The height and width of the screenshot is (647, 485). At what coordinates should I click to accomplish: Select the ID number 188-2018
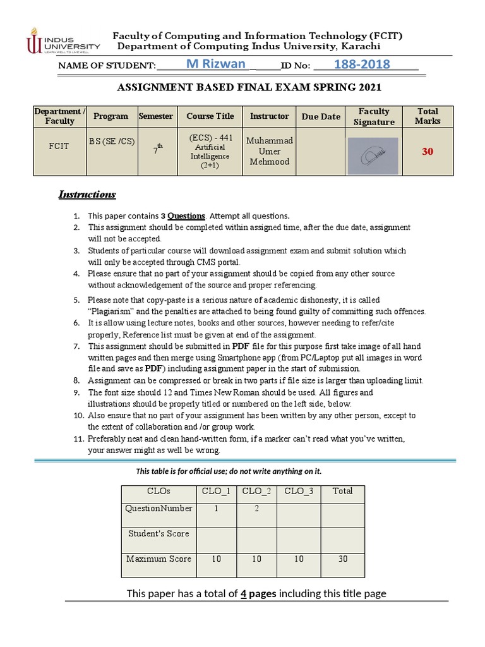tap(362, 64)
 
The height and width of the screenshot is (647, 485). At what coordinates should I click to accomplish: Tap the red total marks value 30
tap(428, 152)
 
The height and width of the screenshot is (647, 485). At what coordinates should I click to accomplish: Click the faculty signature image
tap(374, 155)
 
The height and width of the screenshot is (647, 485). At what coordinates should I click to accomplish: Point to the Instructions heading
tap(87, 194)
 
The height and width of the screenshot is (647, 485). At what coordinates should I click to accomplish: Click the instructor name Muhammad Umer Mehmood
tap(269, 151)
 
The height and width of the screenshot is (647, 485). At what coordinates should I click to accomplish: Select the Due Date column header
tap(321, 116)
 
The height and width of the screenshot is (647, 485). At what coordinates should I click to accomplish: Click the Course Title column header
tap(210, 116)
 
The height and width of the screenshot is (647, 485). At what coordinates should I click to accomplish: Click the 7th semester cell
tap(155, 150)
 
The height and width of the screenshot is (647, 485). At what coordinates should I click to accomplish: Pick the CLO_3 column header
tap(299, 491)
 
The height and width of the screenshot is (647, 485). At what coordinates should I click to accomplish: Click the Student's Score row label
tap(159, 533)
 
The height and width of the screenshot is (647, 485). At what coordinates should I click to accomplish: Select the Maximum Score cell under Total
tap(343, 559)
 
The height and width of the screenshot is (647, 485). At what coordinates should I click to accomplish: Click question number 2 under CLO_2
tap(257, 508)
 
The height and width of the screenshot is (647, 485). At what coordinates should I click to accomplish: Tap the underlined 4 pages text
tap(258, 593)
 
